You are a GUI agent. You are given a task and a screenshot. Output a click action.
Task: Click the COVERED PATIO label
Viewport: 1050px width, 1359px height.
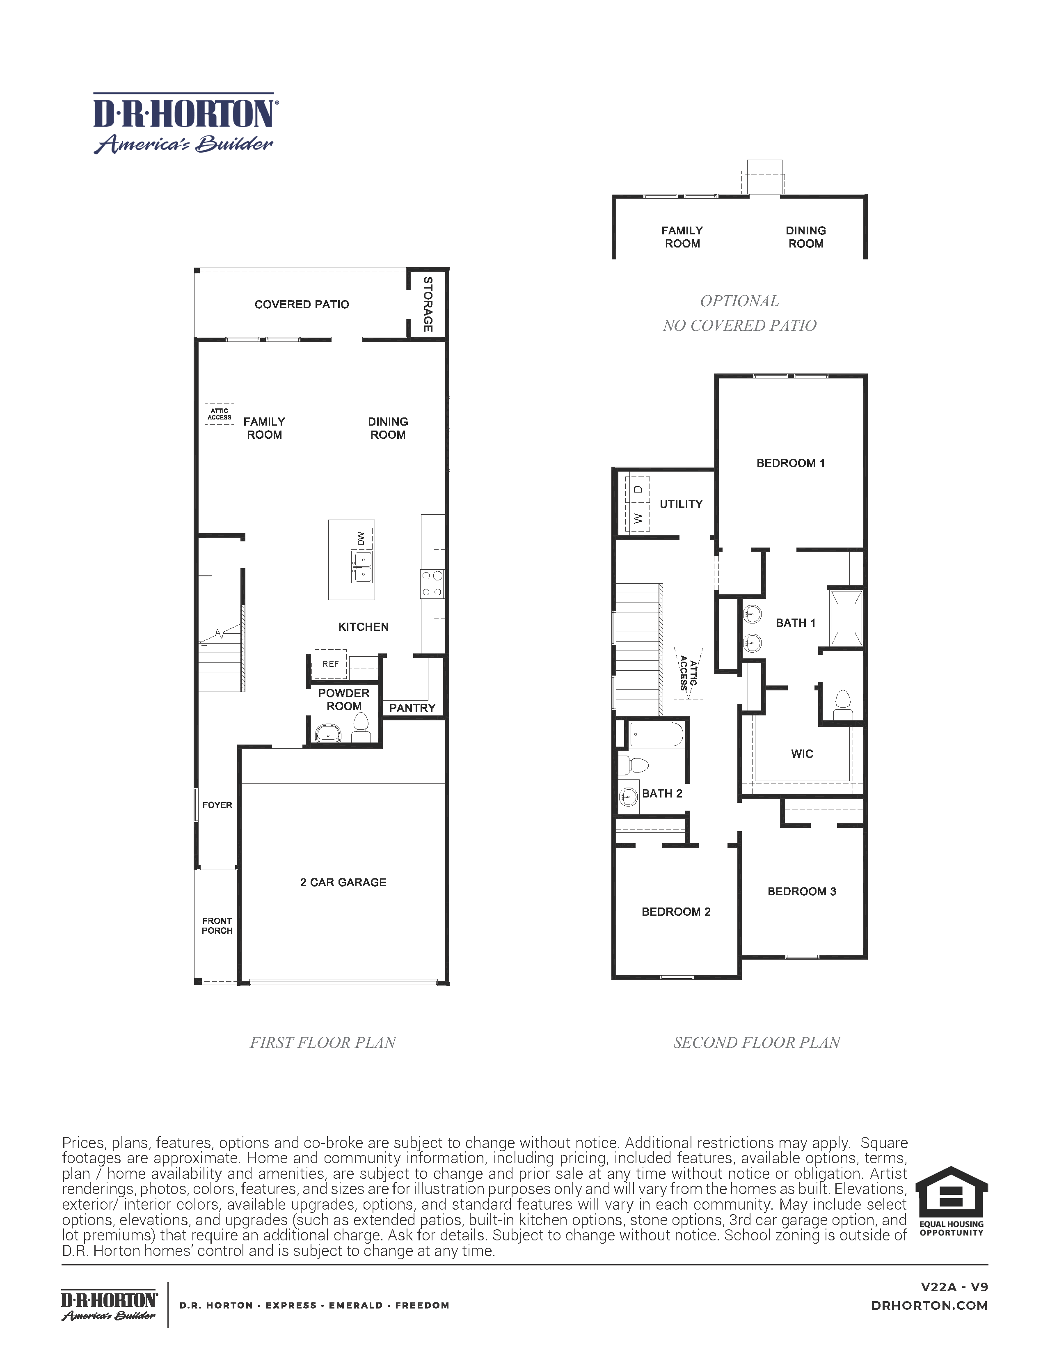[x=302, y=304]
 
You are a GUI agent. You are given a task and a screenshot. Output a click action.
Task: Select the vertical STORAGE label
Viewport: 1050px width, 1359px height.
[x=428, y=304]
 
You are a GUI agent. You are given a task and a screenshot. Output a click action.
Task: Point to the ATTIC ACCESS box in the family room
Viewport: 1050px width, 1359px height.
[x=219, y=414]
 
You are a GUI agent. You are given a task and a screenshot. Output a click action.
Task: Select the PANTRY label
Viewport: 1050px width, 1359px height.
[x=412, y=708]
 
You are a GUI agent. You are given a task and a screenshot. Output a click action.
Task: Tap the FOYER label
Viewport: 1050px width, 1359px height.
[x=217, y=805]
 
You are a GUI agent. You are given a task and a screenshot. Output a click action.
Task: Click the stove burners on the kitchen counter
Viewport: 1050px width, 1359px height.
[x=432, y=584]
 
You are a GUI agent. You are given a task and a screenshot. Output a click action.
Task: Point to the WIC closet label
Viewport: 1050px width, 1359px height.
[x=802, y=754]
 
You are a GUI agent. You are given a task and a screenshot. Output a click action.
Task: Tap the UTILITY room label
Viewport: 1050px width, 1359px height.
[x=681, y=504]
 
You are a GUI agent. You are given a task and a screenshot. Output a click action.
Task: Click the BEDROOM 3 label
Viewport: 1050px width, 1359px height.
[x=801, y=891]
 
